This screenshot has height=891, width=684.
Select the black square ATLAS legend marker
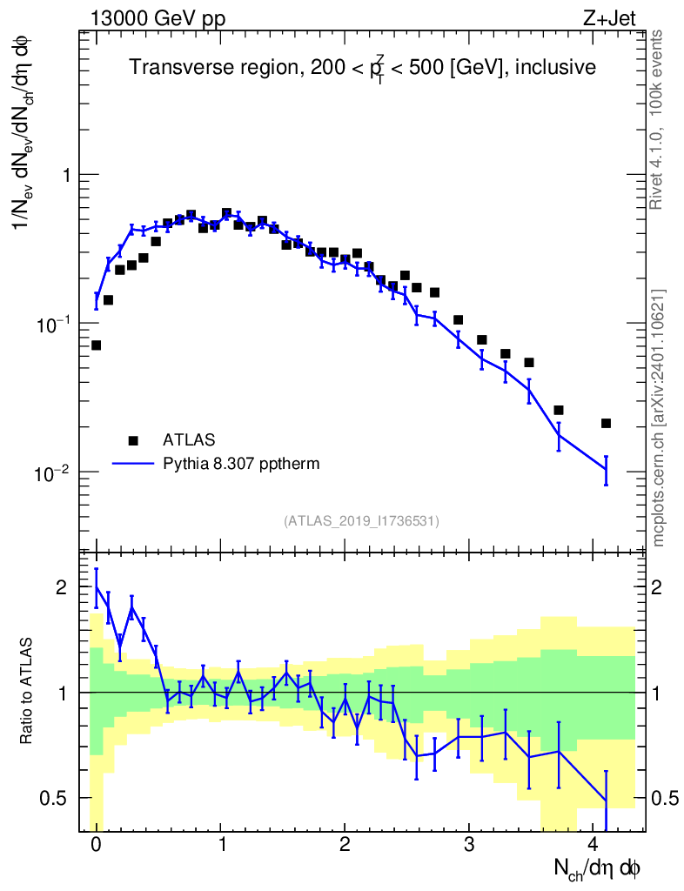[133, 440]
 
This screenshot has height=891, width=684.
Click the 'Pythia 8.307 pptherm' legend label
[241, 464]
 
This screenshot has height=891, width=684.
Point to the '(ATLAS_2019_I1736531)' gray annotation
[361, 520]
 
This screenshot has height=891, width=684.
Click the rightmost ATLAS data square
[606, 424]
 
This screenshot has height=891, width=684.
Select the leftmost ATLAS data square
[96, 345]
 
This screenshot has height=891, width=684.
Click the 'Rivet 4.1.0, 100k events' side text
[658, 118]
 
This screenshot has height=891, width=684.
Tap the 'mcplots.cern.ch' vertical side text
[658, 418]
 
